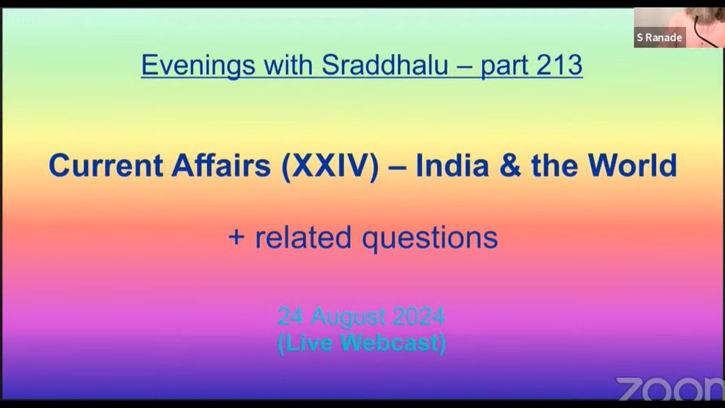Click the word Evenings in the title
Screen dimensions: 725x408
(x=198, y=65)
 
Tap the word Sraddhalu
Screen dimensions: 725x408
(x=385, y=65)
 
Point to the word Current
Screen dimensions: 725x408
(x=106, y=165)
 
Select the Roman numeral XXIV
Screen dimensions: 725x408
(x=330, y=166)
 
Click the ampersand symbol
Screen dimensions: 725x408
(x=510, y=165)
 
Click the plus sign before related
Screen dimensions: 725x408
(x=236, y=237)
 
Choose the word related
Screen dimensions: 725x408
(x=303, y=237)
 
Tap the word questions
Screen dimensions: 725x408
(x=430, y=239)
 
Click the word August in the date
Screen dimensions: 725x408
(x=348, y=318)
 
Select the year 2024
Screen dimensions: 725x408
(x=418, y=316)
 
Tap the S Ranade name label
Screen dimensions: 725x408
(x=660, y=37)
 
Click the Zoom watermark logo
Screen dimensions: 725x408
(x=670, y=389)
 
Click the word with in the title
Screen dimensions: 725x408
(x=288, y=65)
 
